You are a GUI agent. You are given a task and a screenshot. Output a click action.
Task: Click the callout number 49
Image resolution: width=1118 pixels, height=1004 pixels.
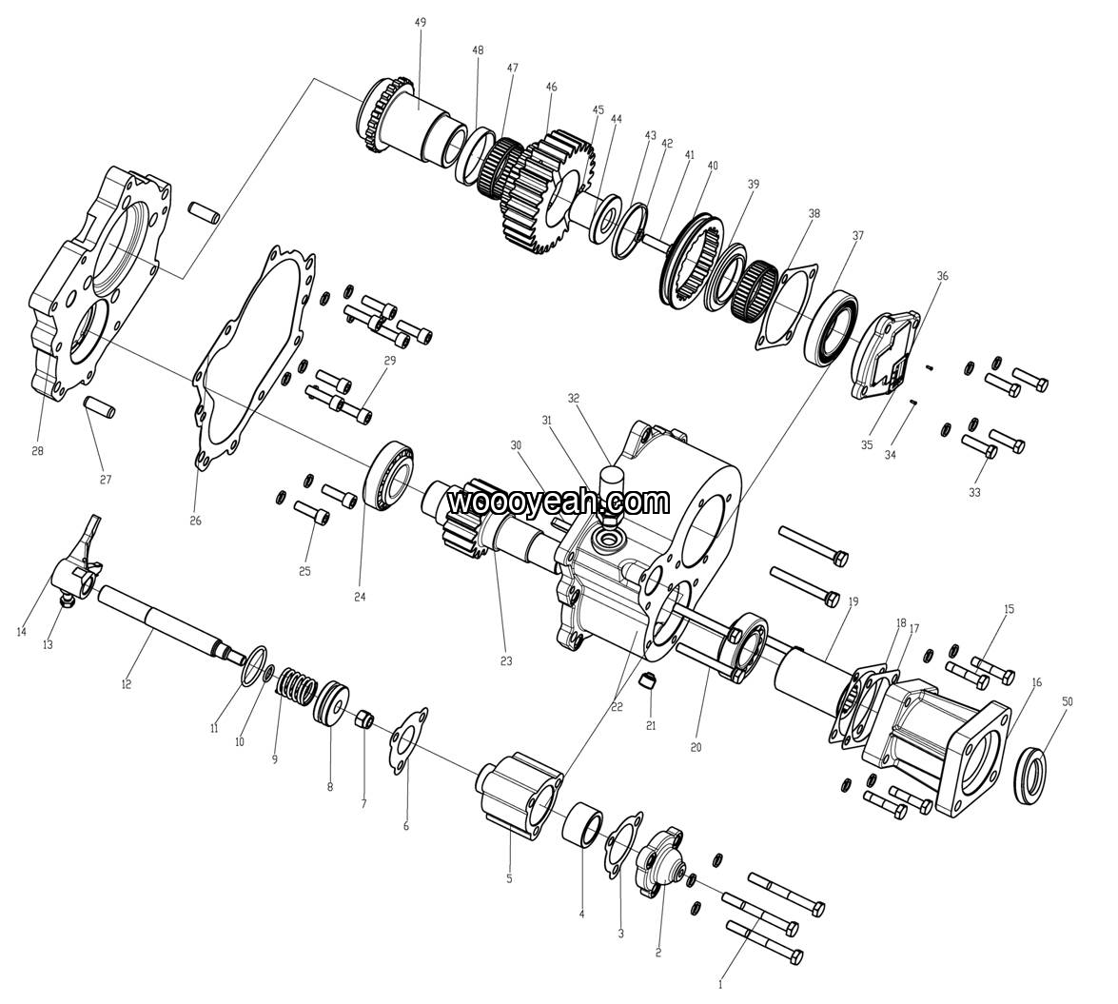(421, 22)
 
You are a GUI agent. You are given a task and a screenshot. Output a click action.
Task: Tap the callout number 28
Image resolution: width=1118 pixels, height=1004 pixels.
(37, 451)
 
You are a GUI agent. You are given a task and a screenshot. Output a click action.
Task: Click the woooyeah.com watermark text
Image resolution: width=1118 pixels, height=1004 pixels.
(559, 501)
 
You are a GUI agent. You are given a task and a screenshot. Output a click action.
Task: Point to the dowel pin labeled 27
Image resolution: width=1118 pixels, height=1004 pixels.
(99, 408)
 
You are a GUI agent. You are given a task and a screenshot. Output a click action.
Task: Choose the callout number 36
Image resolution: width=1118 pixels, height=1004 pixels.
(942, 276)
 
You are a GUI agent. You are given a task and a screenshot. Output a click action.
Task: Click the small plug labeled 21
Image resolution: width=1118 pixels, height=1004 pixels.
(650, 681)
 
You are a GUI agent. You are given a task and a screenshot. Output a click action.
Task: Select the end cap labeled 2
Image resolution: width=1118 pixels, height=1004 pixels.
(657, 863)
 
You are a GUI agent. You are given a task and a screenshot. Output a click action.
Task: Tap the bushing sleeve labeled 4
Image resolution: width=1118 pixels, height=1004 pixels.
(585, 823)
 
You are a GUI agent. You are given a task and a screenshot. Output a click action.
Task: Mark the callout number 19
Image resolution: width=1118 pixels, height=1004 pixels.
(853, 601)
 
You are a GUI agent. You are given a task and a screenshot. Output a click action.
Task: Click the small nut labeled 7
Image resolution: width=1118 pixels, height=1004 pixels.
(363, 719)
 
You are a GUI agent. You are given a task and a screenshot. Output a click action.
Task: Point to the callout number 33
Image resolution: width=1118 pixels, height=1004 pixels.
(974, 492)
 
